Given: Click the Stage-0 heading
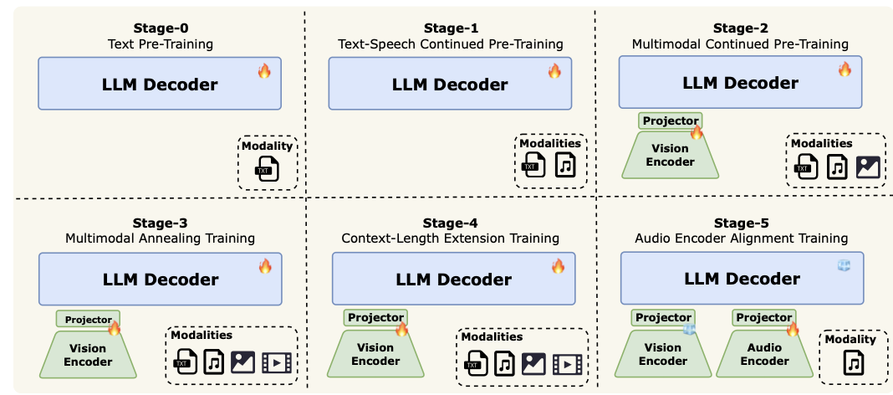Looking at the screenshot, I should (x=159, y=28).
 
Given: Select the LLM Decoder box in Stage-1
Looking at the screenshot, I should (x=450, y=85).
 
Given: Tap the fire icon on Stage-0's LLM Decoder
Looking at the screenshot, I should (x=264, y=72).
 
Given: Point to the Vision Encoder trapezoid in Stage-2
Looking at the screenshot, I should (x=670, y=156).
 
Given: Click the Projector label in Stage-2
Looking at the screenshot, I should (x=670, y=121).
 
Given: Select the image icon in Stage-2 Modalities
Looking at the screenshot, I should (x=868, y=167).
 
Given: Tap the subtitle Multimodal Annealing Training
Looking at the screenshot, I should (x=160, y=239).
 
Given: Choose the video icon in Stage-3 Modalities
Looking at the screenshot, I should (x=277, y=362).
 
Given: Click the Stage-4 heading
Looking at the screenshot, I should (x=450, y=223).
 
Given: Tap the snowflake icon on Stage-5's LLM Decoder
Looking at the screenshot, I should (x=845, y=265).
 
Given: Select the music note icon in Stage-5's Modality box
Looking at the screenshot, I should (x=851, y=362).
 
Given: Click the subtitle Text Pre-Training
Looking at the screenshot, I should (x=159, y=43).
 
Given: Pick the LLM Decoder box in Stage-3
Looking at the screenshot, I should (x=160, y=280).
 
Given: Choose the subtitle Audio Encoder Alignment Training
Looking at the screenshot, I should (x=742, y=239).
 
